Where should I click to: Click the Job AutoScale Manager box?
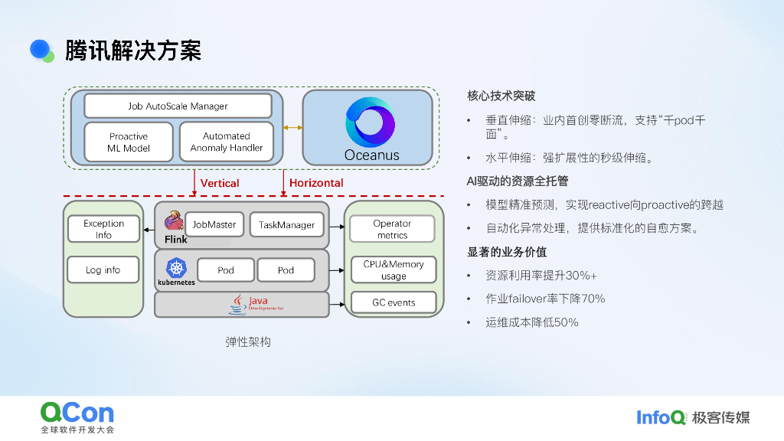[178, 106]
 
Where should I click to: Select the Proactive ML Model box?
[129, 142]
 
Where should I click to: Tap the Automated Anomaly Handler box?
[227, 142]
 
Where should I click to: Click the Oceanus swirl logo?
[370, 122]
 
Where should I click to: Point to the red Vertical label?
[220, 183]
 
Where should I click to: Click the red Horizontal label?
[316, 183]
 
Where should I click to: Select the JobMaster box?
[214, 224]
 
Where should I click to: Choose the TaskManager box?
[286, 224]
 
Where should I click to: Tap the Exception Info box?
[103, 229]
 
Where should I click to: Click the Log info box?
[103, 270]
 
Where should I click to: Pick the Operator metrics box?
[393, 229]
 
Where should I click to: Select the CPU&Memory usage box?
[394, 270]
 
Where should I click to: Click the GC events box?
[394, 302]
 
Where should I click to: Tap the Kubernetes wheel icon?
[176, 268]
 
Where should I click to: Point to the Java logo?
[256, 304]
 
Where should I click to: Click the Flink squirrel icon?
[174, 220]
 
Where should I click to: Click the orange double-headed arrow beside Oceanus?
[292, 128]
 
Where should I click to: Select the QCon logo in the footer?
[77, 417]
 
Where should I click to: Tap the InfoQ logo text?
[661, 417]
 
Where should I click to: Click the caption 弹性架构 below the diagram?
[248, 342]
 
